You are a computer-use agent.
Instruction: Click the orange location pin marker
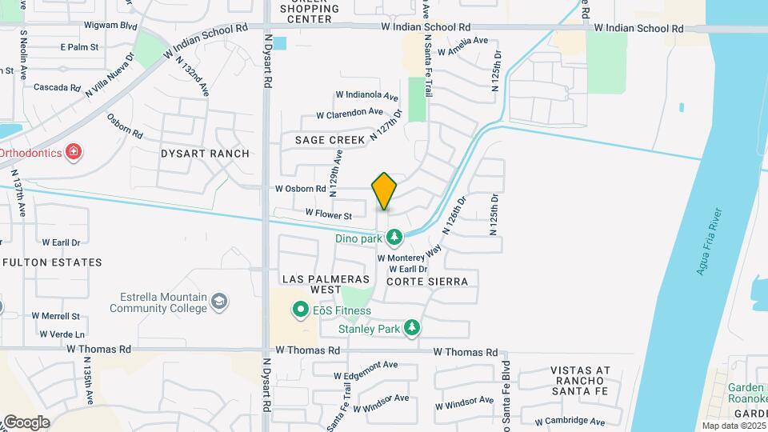384,191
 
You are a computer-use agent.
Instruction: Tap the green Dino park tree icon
394,237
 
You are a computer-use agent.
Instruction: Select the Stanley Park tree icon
412,328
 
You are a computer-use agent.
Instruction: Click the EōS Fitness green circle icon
301,310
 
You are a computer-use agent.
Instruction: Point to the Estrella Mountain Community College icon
220,302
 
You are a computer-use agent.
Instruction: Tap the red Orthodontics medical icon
74,152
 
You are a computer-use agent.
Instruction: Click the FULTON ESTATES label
53,262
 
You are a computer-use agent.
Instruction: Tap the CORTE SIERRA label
427,282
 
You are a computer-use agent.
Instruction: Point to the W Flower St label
329,215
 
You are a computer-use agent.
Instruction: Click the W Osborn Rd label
301,190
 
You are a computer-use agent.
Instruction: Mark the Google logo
26,422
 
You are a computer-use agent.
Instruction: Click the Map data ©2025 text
733,426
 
